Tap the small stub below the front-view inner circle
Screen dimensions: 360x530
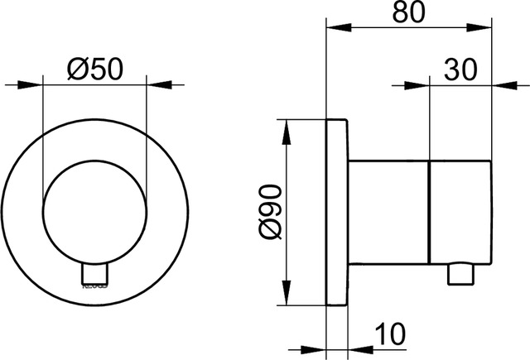pyautogui.click(x=94, y=274)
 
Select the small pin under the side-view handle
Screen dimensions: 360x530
pyautogui.click(x=458, y=275)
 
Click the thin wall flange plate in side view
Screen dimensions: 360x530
pyautogui.click(x=337, y=213)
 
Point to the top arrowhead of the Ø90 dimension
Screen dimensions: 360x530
pyautogui.click(x=287, y=128)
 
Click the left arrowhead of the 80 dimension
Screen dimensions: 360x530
pyautogui.click(x=335, y=27)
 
